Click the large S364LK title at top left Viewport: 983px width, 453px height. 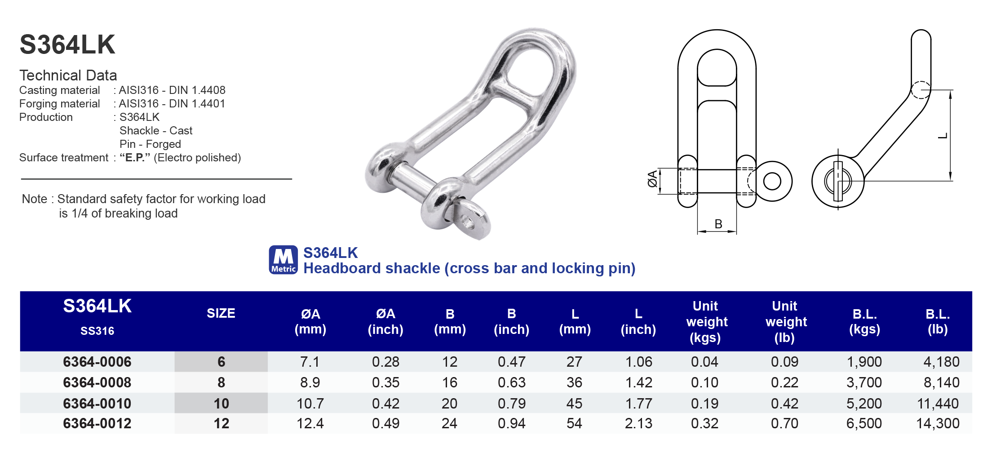coord(67,45)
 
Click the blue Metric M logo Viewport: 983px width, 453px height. coord(283,260)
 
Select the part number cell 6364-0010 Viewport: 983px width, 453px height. coord(97,404)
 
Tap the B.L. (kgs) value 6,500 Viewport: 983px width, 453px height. coord(864,423)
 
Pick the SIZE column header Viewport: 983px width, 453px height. coord(221,313)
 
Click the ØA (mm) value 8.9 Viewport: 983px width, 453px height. coord(310,382)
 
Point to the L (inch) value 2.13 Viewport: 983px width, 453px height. coord(638,423)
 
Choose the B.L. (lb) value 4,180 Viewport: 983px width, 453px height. coord(941,362)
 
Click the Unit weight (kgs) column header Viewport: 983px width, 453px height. coord(706,322)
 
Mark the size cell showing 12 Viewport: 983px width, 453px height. coord(221,423)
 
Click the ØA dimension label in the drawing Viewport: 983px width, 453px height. coord(652,179)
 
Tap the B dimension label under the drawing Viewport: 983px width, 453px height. coord(718,224)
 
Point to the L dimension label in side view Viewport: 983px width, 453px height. coord(943,135)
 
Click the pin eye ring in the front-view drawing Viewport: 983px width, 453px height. coord(772,182)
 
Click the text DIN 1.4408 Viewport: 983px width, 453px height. coord(197,90)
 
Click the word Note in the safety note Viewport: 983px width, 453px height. coord(34,199)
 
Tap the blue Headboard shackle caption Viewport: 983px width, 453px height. coord(469,268)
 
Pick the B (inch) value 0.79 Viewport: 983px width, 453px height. coord(511,404)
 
